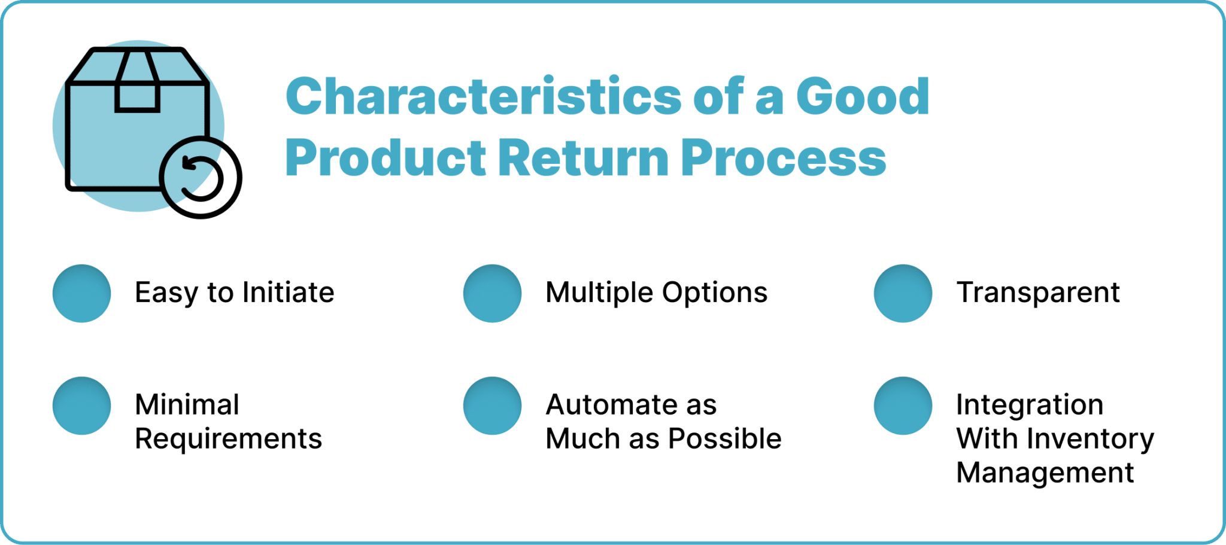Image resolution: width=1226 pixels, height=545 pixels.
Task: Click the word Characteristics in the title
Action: [x=483, y=96]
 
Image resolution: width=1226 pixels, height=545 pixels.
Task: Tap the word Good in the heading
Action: [x=862, y=96]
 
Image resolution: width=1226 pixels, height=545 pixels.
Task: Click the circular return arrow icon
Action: [x=201, y=178]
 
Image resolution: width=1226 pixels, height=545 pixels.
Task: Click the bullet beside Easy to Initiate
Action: [x=82, y=293]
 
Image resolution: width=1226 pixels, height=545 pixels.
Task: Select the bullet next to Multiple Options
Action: [x=492, y=293]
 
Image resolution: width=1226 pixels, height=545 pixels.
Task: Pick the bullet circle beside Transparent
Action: [x=903, y=293]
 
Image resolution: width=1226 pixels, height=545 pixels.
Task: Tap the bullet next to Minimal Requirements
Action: [x=82, y=406]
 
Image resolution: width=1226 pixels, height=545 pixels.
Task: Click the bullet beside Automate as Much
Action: [x=492, y=406]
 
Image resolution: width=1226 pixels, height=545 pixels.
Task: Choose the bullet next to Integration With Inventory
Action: [x=903, y=406]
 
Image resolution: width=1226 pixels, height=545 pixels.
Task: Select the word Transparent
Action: [x=1038, y=293]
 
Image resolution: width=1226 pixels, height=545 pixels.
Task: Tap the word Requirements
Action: [x=228, y=440]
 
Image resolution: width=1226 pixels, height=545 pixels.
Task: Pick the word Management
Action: [x=1045, y=473]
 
